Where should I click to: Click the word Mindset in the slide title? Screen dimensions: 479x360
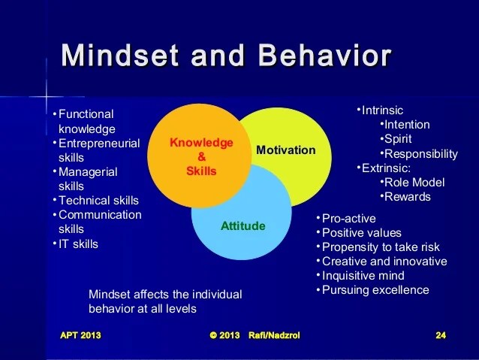pos(119,55)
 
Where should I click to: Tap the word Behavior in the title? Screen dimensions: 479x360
pos(324,55)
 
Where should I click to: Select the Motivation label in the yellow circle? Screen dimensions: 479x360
pos(286,150)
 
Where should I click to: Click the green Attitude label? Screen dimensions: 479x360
pos(243,225)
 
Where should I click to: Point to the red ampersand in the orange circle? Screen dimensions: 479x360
pos(202,156)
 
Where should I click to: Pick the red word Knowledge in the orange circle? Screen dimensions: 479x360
pos(201,143)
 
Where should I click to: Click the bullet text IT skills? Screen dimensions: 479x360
pos(78,244)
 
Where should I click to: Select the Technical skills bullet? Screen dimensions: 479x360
pos(98,201)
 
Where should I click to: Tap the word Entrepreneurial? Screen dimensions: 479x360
pos(99,144)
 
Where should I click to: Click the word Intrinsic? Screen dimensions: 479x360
pos(382,110)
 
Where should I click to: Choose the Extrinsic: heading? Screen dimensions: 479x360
pos(386,168)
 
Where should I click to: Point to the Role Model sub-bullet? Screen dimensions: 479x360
pos(414,183)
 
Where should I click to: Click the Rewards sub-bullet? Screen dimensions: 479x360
pos(407,197)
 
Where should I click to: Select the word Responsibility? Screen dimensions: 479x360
pos(421,154)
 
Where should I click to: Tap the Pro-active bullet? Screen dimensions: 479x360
pos(349,219)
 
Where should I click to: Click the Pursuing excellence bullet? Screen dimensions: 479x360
pos(375,290)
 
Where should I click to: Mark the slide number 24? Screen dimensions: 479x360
pos(441,335)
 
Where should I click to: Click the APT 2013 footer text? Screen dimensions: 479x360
pos(80,335)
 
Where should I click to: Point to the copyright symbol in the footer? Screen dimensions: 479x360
pos(213,335)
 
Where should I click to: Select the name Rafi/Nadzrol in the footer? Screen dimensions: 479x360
pos(274,335)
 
